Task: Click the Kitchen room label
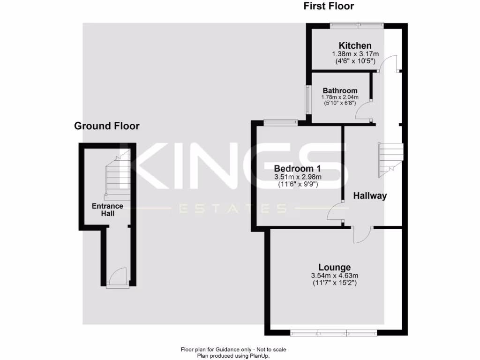pyautogui.click(x=355, y=45)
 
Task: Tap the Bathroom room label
pyautogui.click(x=340, y=90)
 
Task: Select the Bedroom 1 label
pyautogui.click(x=298, y=168)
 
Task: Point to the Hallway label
pyautogui.click(x=370, y=196)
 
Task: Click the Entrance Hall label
pyautogui.click(x=107, y=210)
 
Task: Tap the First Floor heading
pyautogui.click(x=329, y=6)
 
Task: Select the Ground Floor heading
pyautogui.click(x=107, y=126)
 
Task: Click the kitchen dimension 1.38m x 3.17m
pyautogui.click(x=355, y=54)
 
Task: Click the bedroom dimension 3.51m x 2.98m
pyautogui.click(x=298, y=177)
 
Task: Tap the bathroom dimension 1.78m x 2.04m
pyautogui.click(x=340, y=97)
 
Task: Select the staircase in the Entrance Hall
pyautogui.click(x=117, y=176)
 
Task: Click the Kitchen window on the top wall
pyautogui.click(x=356, y=24)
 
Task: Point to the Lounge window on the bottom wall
pyautogui.click(x=333, y=333)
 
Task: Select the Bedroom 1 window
pyautogui.click(x=280, y=122)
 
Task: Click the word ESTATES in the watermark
pyautogui.click(x=232, y=208)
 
